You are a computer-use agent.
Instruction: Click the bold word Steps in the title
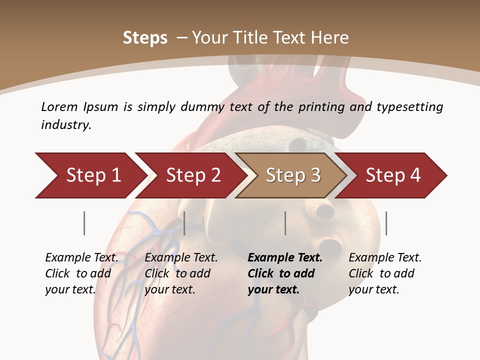point(145,38)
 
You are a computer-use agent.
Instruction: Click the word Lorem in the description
point(59,106)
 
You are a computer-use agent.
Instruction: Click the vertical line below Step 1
point(84,223)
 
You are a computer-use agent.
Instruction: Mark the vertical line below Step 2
point(184,223)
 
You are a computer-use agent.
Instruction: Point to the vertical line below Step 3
point(285,223)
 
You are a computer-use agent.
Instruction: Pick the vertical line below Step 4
point(386,223)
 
